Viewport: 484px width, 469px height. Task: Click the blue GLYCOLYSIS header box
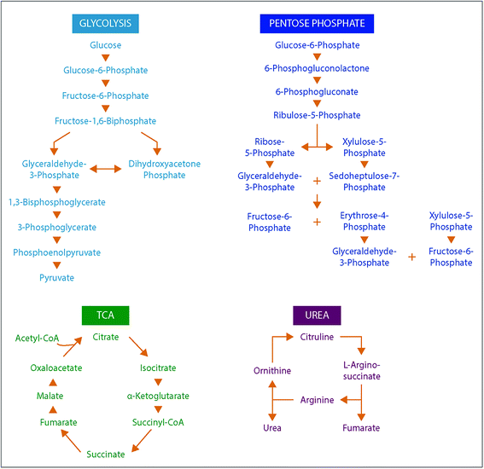click(x=105, y=22)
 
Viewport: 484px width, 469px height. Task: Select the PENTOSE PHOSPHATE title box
click(x=318, y=22)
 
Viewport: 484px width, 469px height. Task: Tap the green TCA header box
click(x=105, y=316)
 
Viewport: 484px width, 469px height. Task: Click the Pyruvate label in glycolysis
click(x=56, y=277)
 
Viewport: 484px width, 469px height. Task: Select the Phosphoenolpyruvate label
click(x=56, y=252)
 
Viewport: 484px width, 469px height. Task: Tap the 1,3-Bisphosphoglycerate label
click(x=56, y=202)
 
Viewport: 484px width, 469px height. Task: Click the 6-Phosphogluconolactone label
click(x=318, y=67)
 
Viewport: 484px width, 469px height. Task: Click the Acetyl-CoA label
click(x=37, y=339)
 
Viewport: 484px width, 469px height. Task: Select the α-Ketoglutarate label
click(x=158, y=396)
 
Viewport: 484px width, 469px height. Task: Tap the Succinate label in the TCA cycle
click(x=105, y=454)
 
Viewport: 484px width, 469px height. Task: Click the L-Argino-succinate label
click(x=364, y=370)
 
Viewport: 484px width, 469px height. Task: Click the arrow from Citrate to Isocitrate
click(x=136, y=347)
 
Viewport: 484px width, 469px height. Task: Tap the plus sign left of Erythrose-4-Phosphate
click(x=317, y=222)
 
